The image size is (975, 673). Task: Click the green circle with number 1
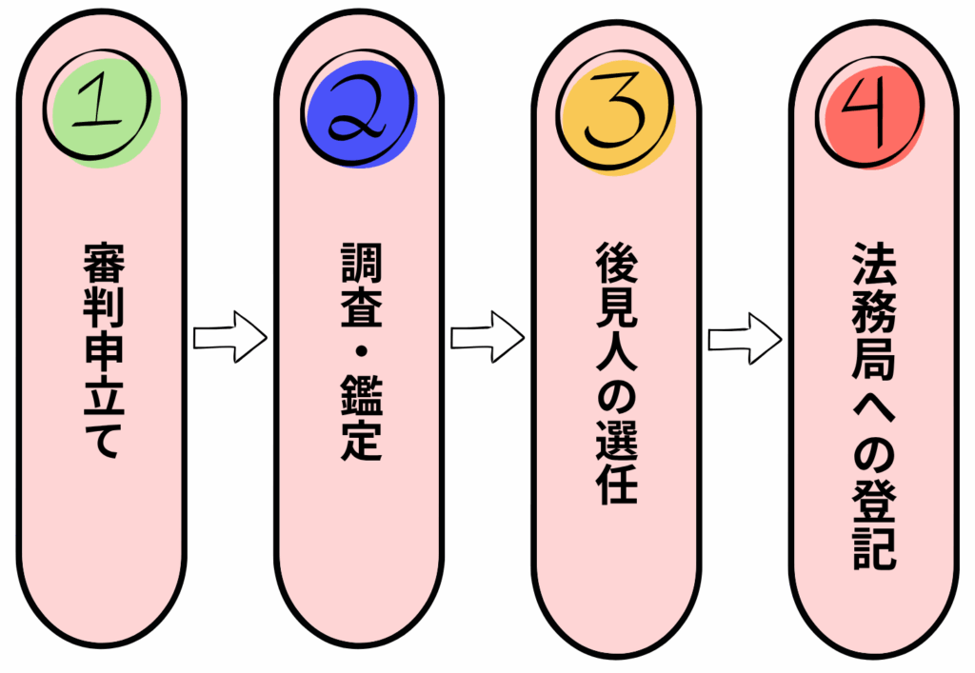(x=103, y=110)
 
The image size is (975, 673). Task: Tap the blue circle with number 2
(x=360, y=111)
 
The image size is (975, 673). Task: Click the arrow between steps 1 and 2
(x=229, y=337)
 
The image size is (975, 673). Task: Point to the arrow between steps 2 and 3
(x=487, y=337)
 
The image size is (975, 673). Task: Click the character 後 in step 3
(x=616, y=259)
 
